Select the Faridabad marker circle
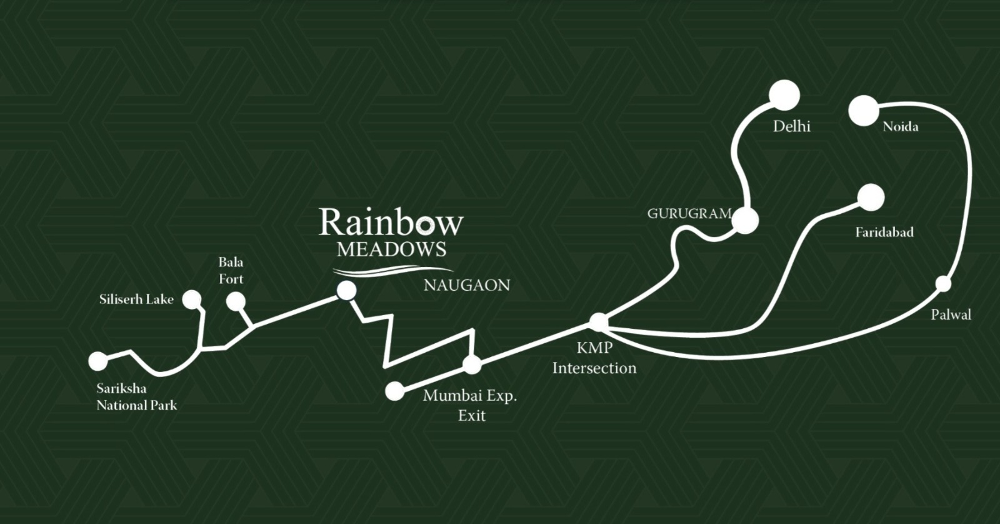click(x=871, y=198)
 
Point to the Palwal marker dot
click(x=943, y=283)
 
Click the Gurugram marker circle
click(x=745, y=221)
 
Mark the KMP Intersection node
click(x=598, y=322)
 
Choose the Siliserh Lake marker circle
click(x=192, y=300)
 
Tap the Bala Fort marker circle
click(x=236, y=301)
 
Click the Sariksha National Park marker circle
click(x=98, y=361)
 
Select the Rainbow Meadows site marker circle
click(x=346, y=290)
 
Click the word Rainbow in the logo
click(x=391, y=223)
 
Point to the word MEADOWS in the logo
click(x=391, y=249)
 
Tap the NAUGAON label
click(x=466, y=286)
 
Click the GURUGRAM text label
click(x=689, y=214)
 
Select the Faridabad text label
click(x=884, y=233)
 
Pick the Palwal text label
click(x=951, y=315)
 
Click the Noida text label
click(x=900, y=127)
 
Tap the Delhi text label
click(x=791, y=126)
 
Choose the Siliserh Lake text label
click(x=136, y=300)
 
